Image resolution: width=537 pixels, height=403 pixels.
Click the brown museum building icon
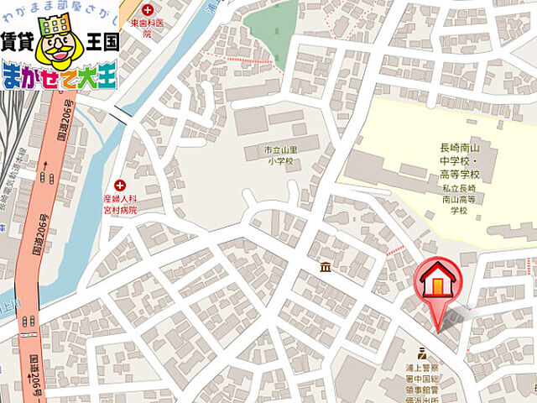(326, 267)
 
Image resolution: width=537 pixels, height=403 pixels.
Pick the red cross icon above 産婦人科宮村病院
(120, 185)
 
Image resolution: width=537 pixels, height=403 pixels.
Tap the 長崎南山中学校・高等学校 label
(462, 160)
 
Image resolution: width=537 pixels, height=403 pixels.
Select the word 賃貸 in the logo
(18, 41)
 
